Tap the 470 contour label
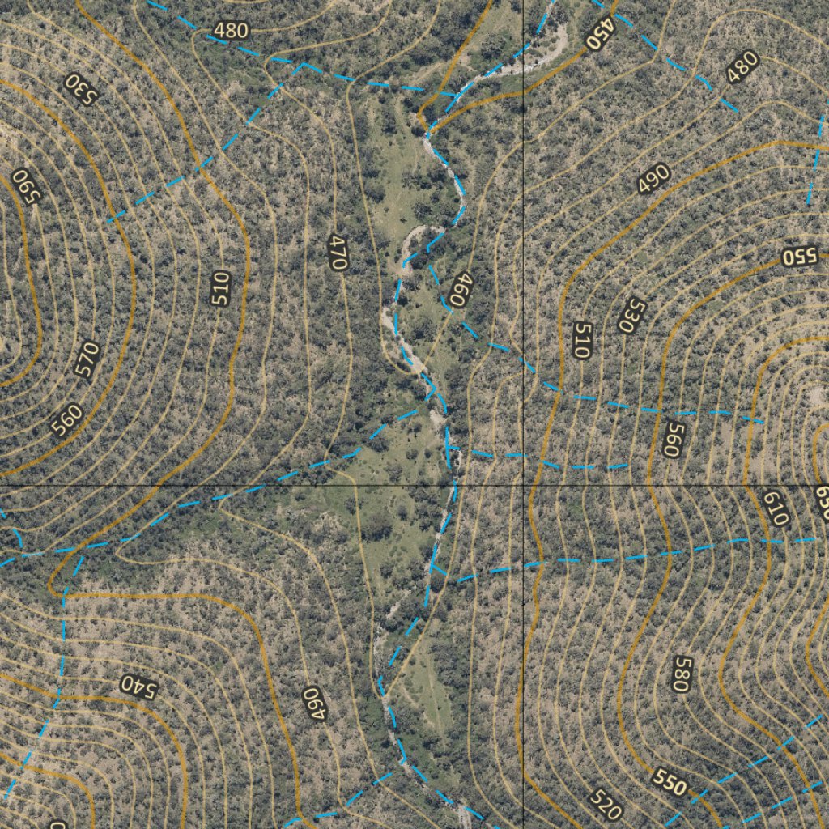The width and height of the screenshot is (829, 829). click(338, 252)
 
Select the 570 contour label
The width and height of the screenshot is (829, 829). click(87, 359)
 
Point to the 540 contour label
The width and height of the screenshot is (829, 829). click(137, 685)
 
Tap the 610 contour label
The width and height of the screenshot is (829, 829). click(775, 508)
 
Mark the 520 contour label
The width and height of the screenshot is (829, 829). click(606, 805)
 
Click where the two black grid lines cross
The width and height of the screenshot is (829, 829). click(524, 485)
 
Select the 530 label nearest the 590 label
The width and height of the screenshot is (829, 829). click(81, 88)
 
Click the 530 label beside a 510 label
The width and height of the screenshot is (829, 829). click(631, 315)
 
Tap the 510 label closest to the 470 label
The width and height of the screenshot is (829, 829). click(221, 289)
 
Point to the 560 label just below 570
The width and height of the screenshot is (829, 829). click(67, 419)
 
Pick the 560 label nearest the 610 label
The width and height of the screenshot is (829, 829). click(671, 438)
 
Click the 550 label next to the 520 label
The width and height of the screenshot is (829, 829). click(670, 784)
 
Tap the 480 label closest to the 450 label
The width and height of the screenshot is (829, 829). click(742, 67)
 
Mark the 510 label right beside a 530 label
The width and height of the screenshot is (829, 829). click(582, 340)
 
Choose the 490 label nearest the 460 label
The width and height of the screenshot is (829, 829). click(654, 179)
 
